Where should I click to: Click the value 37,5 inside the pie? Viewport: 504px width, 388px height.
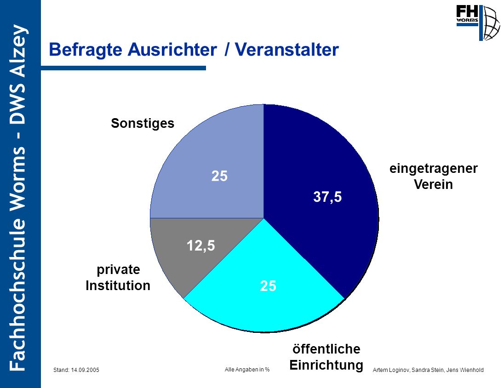[327, 197]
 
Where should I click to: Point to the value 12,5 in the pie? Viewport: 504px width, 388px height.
[201, 246]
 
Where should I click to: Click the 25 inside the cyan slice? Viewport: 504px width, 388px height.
[268, 286]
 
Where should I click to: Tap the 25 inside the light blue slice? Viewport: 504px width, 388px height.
[219, 176]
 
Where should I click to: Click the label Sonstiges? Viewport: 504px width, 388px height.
[143, 124]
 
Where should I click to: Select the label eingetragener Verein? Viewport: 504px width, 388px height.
[433, 176]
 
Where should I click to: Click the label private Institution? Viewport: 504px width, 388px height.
[118, 277]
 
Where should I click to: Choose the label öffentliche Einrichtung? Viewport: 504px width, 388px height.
[326, 357]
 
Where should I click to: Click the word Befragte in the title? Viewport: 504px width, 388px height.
[86, 50]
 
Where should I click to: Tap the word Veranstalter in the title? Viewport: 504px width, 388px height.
[286, 50]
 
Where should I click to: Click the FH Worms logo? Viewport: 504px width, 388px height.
[478, 23]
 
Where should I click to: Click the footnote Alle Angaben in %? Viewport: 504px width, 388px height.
[247, 370]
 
